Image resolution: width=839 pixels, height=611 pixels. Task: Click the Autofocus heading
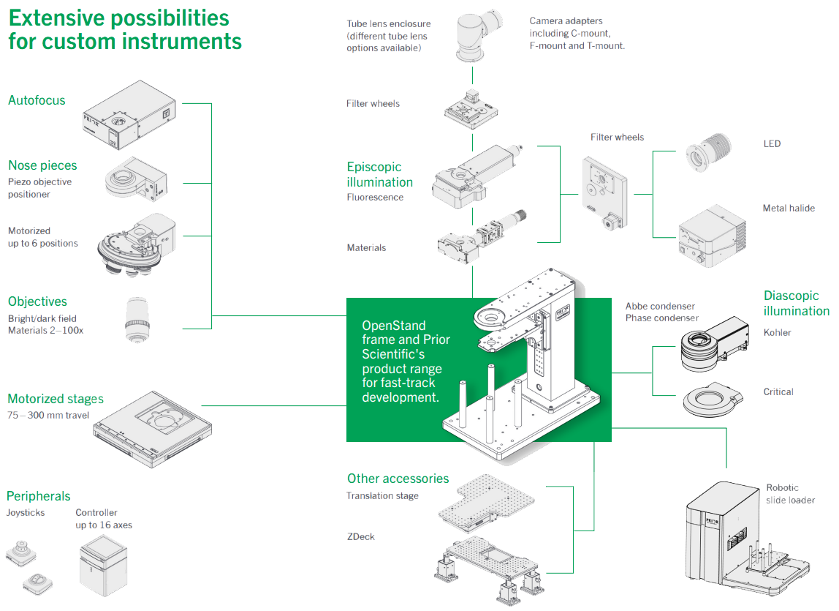click(37, 100)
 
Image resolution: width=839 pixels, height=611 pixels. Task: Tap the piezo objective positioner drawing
click(136, 179)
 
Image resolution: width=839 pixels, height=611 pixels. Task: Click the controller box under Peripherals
click(104, 566)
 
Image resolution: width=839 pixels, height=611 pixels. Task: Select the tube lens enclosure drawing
click(474, 39)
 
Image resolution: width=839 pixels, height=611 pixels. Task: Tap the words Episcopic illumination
click(379, 174)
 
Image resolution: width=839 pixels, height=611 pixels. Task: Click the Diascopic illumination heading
click(796, 303)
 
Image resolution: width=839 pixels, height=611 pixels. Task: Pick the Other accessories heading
click(398, 479)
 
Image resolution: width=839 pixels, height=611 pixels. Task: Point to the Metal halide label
click(789, 209)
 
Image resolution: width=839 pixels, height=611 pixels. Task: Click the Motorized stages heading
click(56, 399)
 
